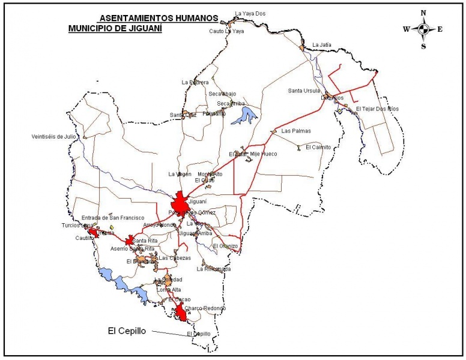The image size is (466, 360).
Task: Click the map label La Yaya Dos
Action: [250, 13]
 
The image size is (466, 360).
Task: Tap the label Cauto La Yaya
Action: [227, 31]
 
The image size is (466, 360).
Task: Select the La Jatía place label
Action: [321, 44]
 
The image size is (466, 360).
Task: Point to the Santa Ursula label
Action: [303, 91]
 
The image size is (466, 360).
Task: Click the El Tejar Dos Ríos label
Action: [377, 109]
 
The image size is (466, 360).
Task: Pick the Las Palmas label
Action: [296, 131]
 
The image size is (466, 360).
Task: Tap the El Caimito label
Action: [318, 147]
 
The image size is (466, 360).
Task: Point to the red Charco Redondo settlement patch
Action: [180, 313]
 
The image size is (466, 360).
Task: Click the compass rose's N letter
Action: [423, 13]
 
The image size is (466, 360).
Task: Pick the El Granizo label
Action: [225, 246]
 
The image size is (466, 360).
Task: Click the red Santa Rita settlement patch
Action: [129, 241]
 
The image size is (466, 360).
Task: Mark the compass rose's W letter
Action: [406, 29]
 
